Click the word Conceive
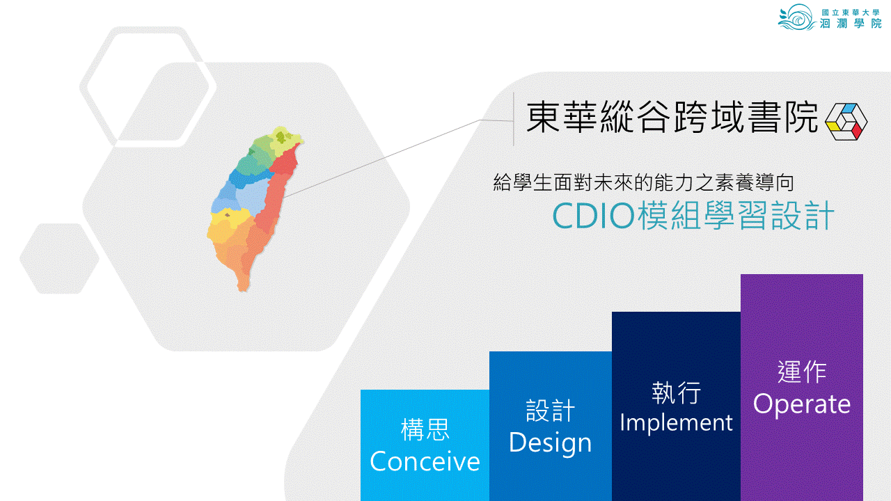(425, 461)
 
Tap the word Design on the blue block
(551, 442)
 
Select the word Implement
(676, 422)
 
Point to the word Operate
(801, 405)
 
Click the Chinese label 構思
(425, 429)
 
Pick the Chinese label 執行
(676, 393)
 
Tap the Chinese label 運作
(802, 372)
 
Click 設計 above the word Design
(551, 411)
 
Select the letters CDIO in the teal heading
(593, 216)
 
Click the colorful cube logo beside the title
(846, 122)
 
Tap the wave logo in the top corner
(796, 17)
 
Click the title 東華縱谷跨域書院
(672, 117)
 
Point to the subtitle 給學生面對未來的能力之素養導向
(644, 182)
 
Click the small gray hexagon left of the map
(59, 258)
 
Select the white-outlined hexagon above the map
(148, 87)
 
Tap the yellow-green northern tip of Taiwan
(285, 138)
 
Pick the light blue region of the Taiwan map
(251, 197)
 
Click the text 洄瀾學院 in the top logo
(851, 24)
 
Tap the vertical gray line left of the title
(514, 119)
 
